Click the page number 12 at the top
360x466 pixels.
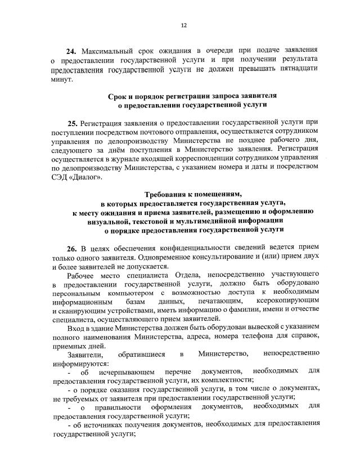point(183,25)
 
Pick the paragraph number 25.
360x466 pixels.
point(74,122)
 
